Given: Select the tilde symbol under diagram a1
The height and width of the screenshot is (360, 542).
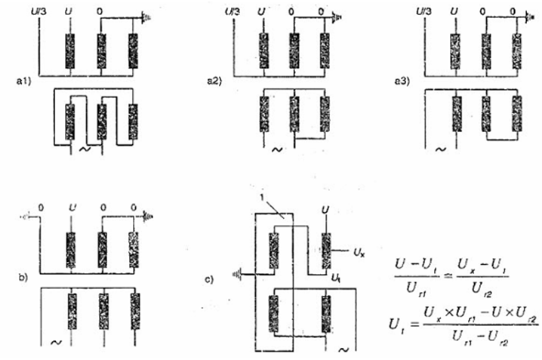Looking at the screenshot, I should (x=85, y=150).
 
